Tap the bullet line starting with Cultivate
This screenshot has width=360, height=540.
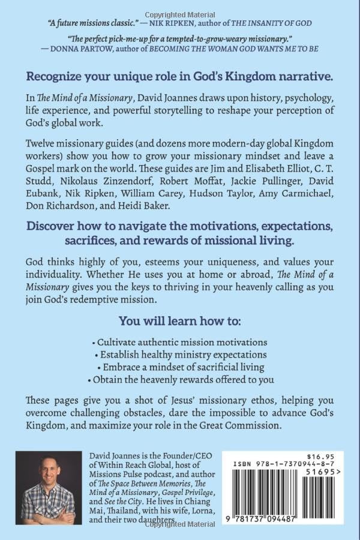click(179, 342)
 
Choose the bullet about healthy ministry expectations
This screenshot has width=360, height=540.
click(179, 355)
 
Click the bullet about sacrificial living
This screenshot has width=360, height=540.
click(179, 367)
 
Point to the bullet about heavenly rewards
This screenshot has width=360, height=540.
click(179, 379)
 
